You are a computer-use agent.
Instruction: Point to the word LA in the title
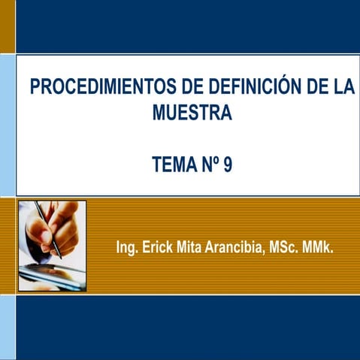click(x=343, y=87)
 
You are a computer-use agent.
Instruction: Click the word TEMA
click(x=173, y=164)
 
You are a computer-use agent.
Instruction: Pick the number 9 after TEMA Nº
click(x=227, y=164)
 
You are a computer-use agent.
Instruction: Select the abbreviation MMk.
click(x=318, y=247)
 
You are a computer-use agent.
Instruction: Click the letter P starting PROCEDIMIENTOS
click(x=35, y=87)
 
